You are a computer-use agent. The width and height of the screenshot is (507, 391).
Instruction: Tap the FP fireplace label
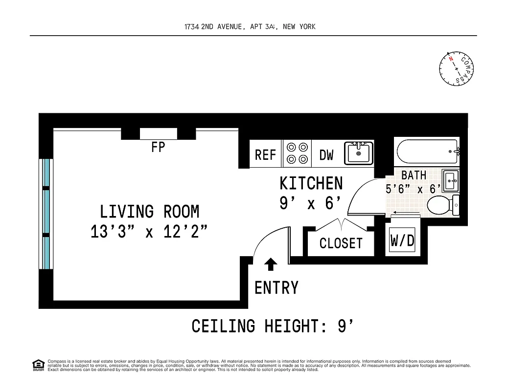(158, 147)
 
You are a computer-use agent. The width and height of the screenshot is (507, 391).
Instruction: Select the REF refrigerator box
(266, 154)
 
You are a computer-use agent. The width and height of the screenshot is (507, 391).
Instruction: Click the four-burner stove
(298, 153)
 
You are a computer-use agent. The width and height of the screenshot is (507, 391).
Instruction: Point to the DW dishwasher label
(326, 155)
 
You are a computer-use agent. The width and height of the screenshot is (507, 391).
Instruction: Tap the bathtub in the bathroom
(427, 152)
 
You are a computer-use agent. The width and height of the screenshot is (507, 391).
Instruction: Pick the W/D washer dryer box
(402, 240)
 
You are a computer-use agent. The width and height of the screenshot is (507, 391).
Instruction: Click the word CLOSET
(341, 243)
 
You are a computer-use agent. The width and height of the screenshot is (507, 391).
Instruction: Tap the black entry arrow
(271, 264)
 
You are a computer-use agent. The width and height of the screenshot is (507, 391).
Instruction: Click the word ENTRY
(277, 288)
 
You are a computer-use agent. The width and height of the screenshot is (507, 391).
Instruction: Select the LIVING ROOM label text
(150, 212)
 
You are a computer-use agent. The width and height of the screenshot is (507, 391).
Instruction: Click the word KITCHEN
(311, 184)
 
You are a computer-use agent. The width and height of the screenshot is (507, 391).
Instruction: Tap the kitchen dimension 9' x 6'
(310, 203)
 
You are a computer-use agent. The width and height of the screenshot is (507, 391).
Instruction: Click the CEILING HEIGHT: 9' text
(272, 326)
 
